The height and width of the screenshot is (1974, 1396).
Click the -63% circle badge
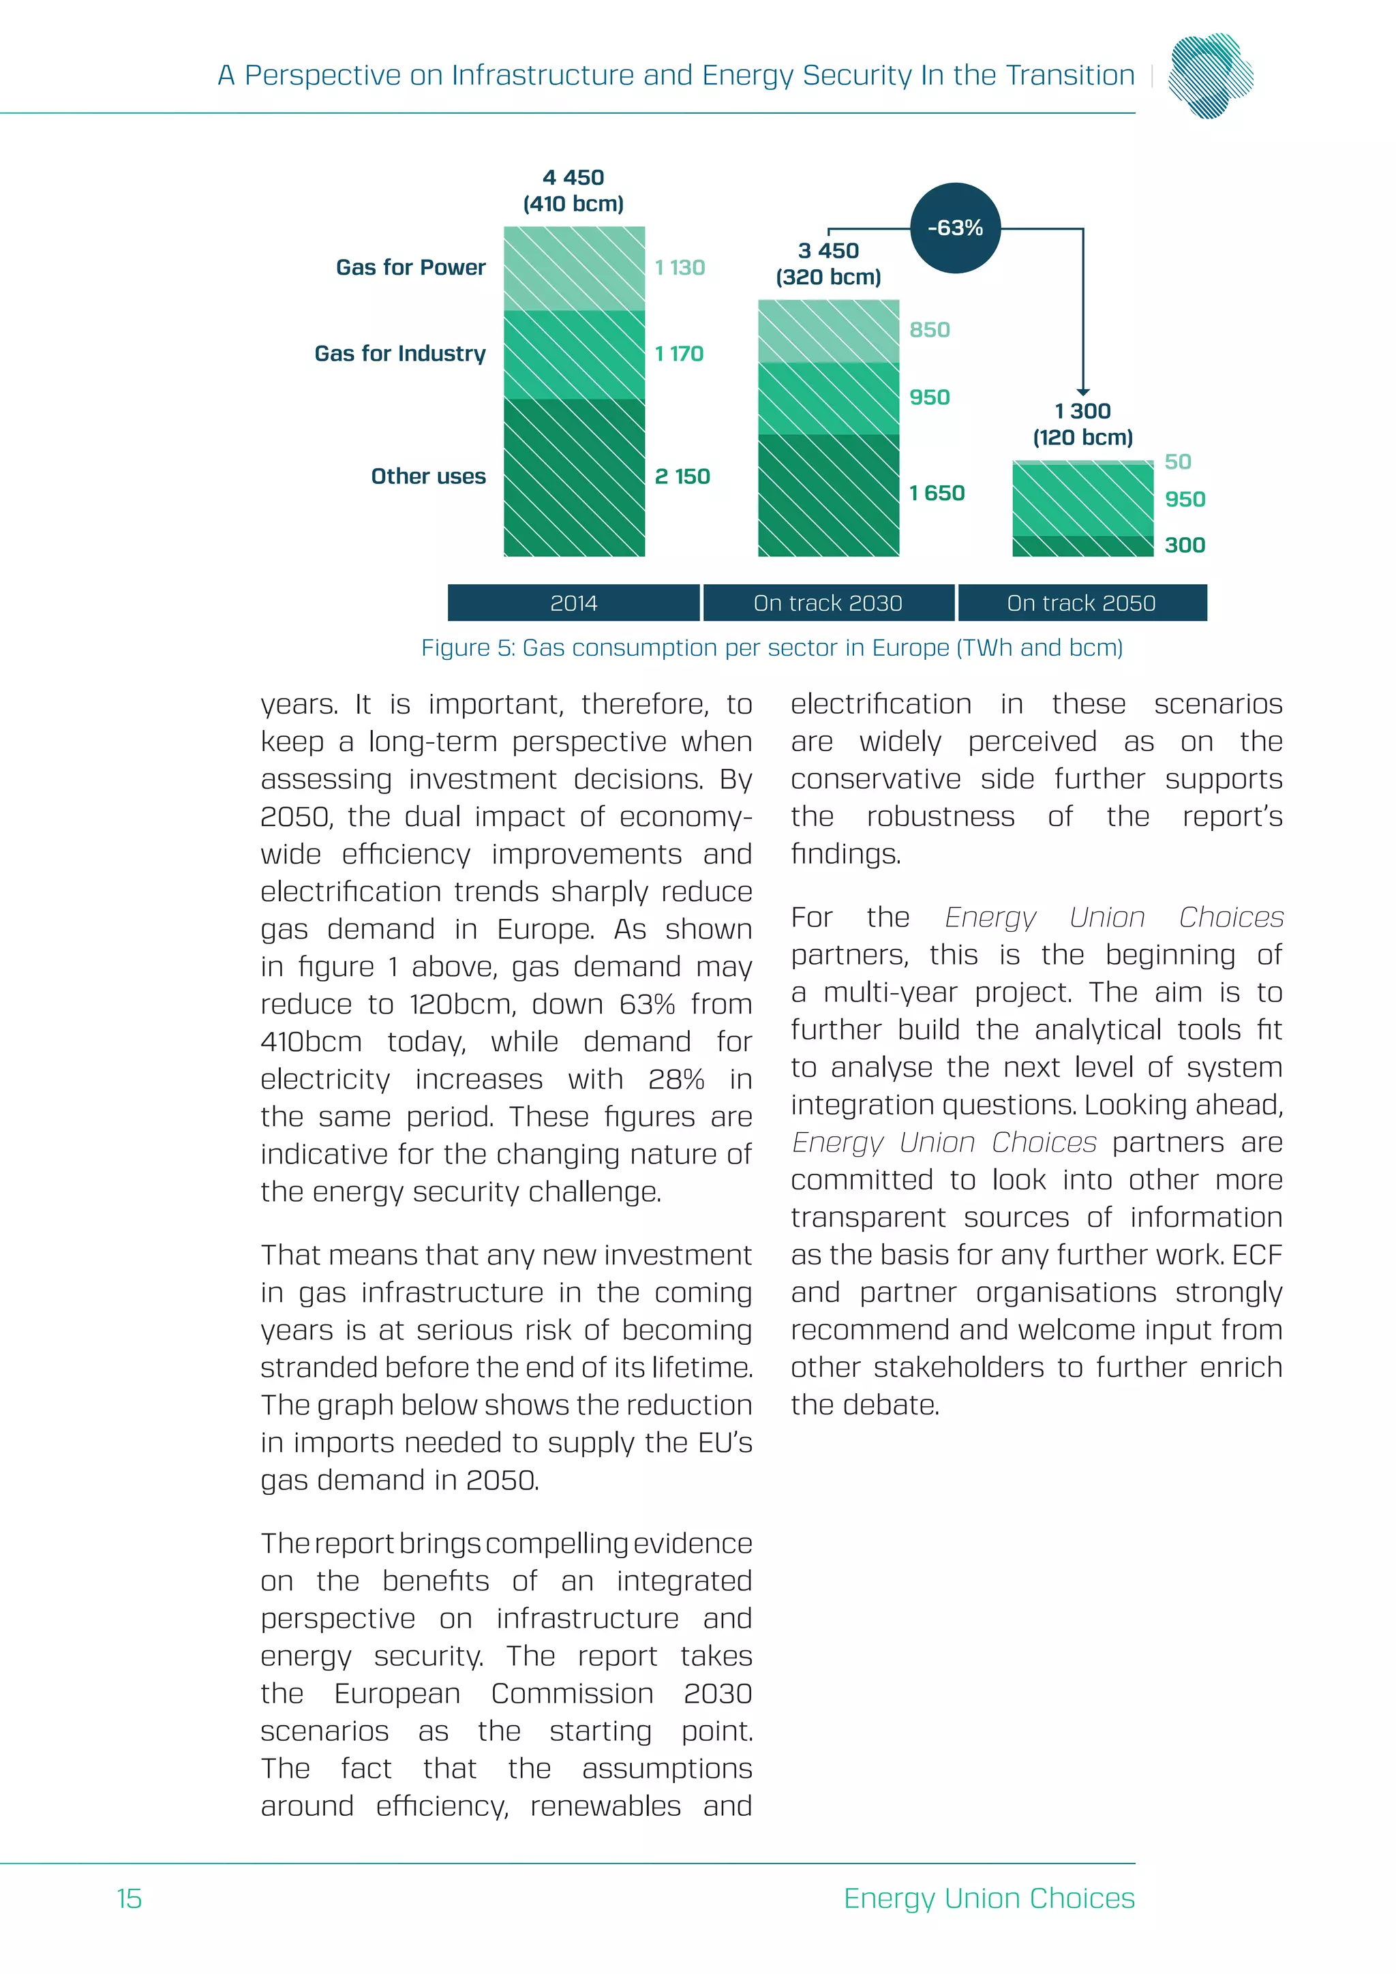955,228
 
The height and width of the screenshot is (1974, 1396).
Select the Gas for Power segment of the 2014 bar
574,269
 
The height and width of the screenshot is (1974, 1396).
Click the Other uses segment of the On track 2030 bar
828,496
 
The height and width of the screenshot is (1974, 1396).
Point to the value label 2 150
682,476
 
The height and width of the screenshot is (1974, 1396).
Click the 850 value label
929,330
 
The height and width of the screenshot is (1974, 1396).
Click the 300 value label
1184,545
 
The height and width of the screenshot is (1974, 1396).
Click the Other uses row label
428,476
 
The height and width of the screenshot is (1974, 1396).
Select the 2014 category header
573,603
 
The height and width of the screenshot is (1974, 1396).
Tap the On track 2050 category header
1081,603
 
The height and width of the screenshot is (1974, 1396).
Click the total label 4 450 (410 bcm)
573,191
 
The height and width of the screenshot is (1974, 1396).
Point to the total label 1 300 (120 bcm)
1082,424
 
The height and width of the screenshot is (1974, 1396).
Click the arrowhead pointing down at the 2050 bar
1083,392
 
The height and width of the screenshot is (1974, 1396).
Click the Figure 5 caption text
771,648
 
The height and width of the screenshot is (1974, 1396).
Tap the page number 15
129,1898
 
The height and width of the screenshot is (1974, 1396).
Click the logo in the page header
1211,76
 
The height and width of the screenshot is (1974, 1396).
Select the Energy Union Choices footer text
988,1898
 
